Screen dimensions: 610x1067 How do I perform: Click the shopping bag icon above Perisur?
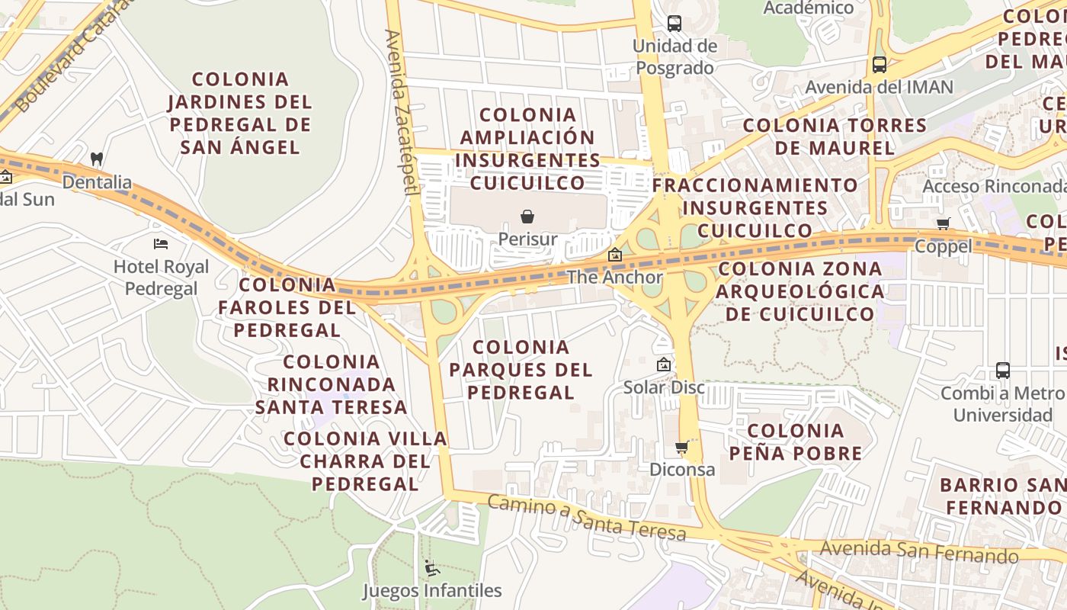[x=527, y=217]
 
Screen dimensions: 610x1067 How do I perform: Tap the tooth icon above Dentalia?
[x=97, y=159]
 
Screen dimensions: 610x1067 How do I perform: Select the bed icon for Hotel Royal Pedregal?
[x=161, y=244]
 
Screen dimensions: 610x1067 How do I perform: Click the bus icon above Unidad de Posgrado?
[x=674, y=24]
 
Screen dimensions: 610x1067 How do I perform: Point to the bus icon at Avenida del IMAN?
[x=880, y=65]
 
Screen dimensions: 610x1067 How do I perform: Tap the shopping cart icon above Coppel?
[x=944, y=223]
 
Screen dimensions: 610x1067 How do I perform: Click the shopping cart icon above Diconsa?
[x=682, y=447]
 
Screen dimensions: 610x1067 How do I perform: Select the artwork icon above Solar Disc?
[x=664, y=364]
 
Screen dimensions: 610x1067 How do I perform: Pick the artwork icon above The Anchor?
[x=615, y=255]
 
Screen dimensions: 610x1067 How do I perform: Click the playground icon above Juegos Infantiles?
[x=431, y=568]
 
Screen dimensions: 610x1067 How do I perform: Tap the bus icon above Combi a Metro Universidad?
[x=1003, y=371]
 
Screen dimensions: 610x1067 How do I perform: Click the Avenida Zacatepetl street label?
[x=402, y=112]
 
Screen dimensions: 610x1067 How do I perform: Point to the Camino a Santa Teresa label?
[x=586, y=518]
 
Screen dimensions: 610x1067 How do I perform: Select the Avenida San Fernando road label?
[x=918, y=551]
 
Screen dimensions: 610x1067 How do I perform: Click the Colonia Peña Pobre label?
[x=796, y=442]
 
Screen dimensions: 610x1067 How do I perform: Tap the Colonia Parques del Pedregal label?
[x=521, y=370]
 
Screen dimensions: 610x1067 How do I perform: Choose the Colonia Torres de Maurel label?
[x=835, y=136]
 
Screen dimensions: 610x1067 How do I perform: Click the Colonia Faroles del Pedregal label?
[x=287, y=307]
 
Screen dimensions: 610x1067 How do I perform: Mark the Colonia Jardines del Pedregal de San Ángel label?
[x=240, y=113]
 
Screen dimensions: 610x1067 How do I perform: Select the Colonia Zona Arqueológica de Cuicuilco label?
[x=800, y=291]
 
